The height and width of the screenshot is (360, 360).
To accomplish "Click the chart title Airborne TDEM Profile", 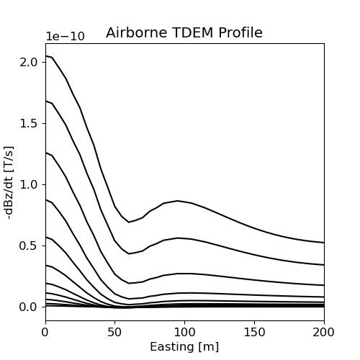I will coord(184,33).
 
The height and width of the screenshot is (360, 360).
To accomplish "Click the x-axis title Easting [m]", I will coord(184,346).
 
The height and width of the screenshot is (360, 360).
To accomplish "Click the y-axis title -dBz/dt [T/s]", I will coord(10,181).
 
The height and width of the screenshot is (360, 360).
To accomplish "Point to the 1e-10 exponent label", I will coord(65,37).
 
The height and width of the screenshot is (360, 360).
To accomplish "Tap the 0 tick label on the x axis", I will coord(45,332).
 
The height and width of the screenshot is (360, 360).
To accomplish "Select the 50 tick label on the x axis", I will coord(115,332).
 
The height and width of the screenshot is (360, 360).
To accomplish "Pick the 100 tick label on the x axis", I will coord(184,332).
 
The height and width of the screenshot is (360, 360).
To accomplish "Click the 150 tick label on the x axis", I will coord(254,332).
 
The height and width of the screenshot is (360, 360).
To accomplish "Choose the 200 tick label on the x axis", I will coord(324,332).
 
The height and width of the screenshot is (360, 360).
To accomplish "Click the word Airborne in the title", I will coord(135,33).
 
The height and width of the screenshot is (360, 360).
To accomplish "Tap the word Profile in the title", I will coord(240,33).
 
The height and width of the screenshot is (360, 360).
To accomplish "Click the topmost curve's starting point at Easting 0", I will coord(45,55).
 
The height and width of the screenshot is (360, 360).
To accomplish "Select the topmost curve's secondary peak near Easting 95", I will coord(178,201).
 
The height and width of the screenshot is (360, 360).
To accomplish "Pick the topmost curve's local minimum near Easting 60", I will coord(129,222).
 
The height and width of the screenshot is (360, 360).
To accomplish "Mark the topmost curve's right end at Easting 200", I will coord(324,243).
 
